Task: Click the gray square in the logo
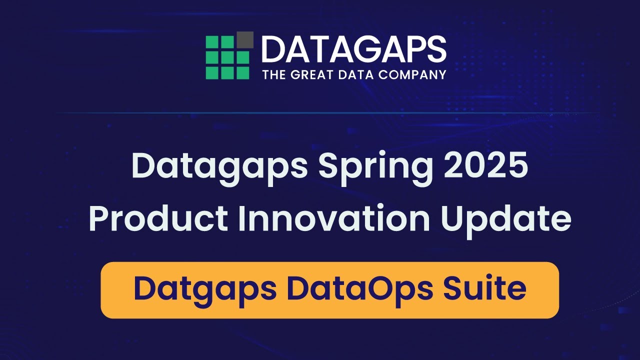(244, 39)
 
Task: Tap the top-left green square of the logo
(212, 43)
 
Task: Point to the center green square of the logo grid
(227, 57)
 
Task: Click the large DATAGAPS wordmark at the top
(353, 49)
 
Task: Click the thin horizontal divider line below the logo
(320, 113)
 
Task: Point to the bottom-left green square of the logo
(212, 72)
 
